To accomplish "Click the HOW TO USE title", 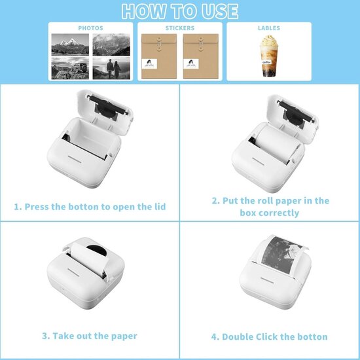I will click(x=180, y=11).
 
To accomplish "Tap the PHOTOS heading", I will click(x=90, y=28).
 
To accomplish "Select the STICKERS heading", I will click(x=179, y=28).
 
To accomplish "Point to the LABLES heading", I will click(x=269, y=28).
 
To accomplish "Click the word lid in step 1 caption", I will click(x=158, y=207).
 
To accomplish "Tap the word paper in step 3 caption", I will click(x=122, y=336).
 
